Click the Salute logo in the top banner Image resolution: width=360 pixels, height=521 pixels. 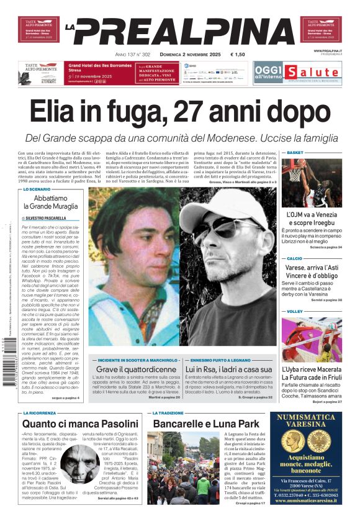click(313, 72)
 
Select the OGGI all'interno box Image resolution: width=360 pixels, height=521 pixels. click(268, 72)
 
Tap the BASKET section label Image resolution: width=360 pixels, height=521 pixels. click(295, 153)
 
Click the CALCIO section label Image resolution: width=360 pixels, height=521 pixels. click(295, 258)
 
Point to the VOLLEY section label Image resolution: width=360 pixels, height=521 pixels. click(295, 311)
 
